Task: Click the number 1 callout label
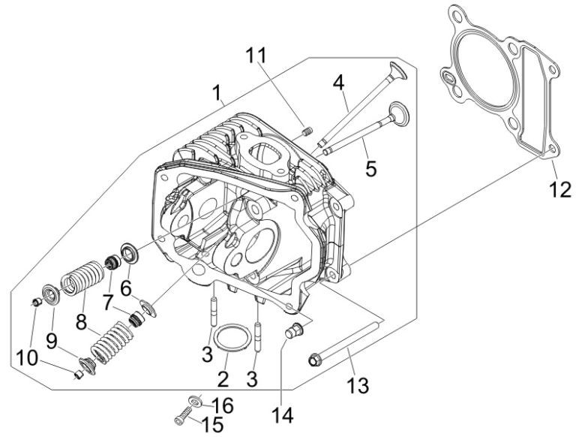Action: (216, 94)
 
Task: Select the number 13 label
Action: (358, 385)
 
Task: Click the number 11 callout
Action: (256, 56)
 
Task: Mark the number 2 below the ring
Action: (223, 377)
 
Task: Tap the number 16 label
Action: (223, 406)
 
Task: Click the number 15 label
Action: (211, 424)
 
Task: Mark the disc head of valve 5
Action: (400, 113)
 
